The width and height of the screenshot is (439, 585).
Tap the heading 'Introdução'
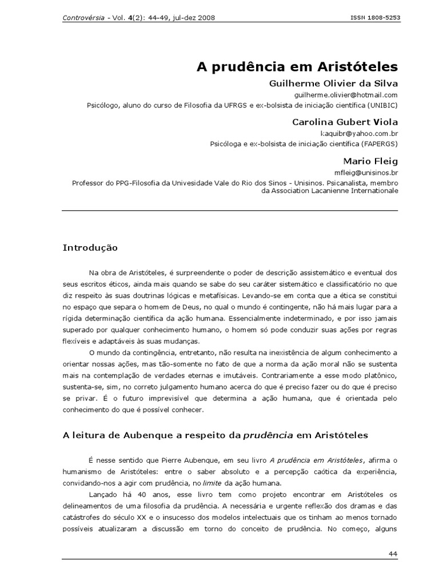(90, 248)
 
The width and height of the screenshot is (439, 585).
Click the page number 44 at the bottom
(393, 554)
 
